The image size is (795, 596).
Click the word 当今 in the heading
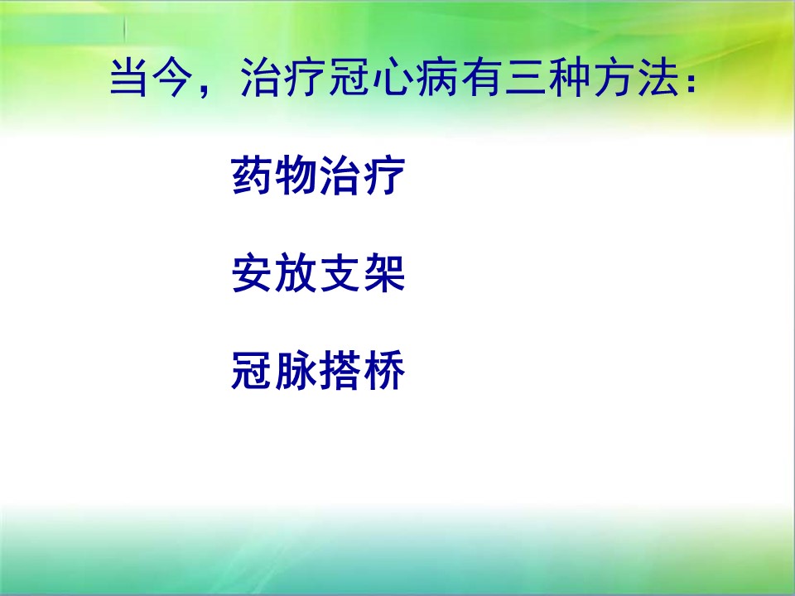[x=152, y=78]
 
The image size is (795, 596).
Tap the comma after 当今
[x=205, y=91]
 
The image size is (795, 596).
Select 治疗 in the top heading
[x=282, y=78]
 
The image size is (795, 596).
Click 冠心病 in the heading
[x=392, y=78]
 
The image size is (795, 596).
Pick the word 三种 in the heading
[x=547, y=78]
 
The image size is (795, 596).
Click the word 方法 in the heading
[x=635, y=78]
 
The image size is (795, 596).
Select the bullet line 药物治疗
[x=318, y=175]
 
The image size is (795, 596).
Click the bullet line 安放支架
[x=318, y=274]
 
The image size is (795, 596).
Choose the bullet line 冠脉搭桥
[x=318, y=370]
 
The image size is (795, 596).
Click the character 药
[x=252, y=175]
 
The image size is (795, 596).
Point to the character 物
[x=296, y=175]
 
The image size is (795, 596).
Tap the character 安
[x=252, y=274]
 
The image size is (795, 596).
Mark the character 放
[x=296, y=274]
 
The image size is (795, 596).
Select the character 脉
[x=296, y=370]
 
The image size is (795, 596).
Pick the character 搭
[x=340, y=370]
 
